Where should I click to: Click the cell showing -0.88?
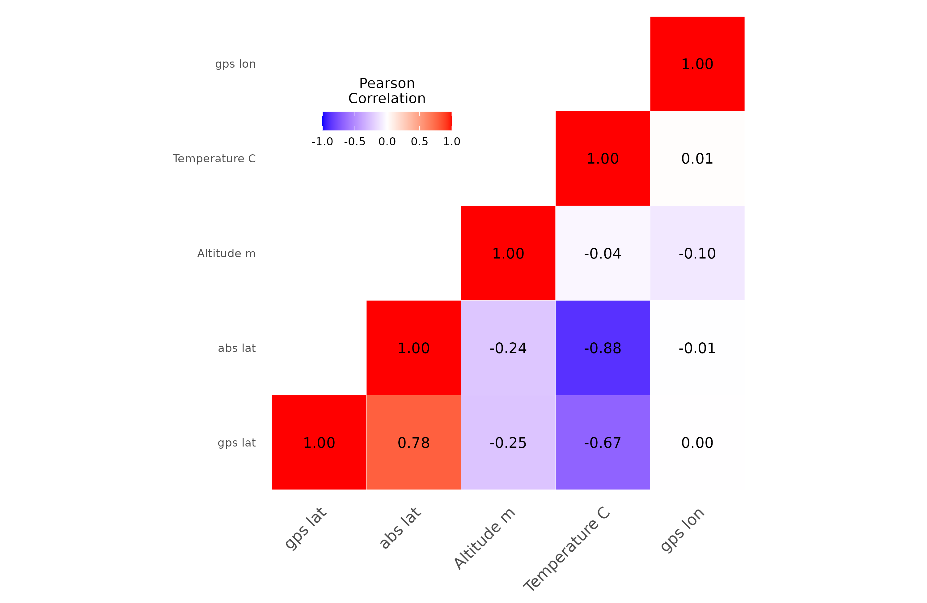tap(603, 348)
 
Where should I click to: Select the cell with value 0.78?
tap(413, 443)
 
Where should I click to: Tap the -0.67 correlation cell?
tap(603, 443)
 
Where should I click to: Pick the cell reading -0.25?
tap(508, 443)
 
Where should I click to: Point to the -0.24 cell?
tap(508, 348)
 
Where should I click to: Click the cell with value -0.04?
tap(603, 253)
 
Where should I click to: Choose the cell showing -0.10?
tap(697, 253)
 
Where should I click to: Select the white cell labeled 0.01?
tap(697, 158)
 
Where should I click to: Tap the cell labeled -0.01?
tap(697, 348)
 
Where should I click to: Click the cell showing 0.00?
tap(697, 443)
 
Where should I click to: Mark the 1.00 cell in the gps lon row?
tap(697, 63)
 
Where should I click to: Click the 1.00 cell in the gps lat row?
tap(319, 443)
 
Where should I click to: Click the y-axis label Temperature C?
tap(214, 159)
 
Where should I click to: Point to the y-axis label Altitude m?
tap(226, 253)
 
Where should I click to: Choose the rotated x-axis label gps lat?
tap(306, 528)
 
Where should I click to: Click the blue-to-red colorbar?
tap(387, 121)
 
